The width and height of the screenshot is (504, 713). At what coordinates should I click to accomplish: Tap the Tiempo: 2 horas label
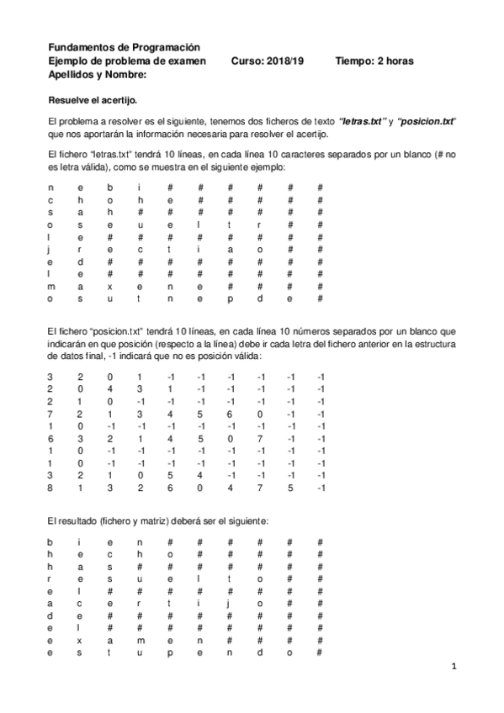click(x=374, y=61)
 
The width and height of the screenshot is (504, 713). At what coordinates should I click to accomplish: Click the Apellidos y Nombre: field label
click(x=98, y=75)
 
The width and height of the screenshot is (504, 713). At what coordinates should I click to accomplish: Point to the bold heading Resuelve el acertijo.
click(x=93, y=100)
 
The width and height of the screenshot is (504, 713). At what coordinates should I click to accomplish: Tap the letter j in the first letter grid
click(x=50, y=249)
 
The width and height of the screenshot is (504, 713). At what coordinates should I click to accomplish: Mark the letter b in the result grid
click(x=50, y=542)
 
